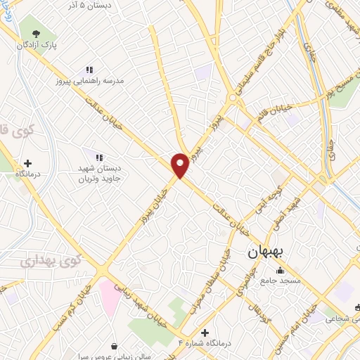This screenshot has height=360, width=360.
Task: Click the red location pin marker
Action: click(180, 165)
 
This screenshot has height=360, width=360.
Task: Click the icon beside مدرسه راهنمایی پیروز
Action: click(89, 70)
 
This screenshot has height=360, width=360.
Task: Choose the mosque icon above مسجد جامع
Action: click(281, 271)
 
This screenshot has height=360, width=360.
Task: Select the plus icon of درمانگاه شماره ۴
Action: click(205, 333)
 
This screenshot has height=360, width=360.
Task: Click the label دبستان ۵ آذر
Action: click(99, 5)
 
